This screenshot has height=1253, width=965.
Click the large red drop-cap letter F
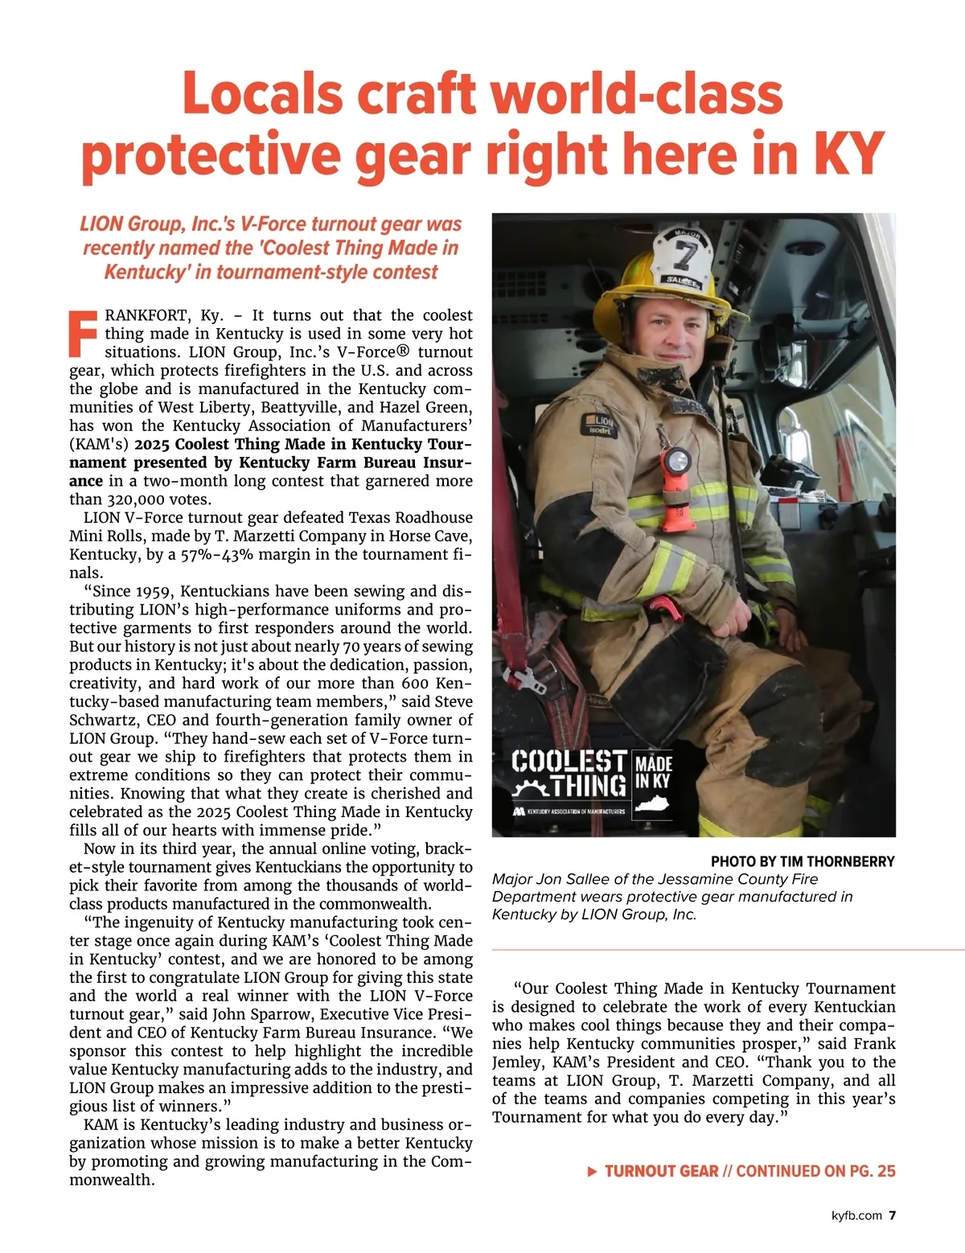tap(84, 333)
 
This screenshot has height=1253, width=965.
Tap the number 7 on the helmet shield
tap(686, 256)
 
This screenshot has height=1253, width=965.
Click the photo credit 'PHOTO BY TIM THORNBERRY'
tap(802, 861)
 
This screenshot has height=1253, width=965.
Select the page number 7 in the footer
tap(892, 1215)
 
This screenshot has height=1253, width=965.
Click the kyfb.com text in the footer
tap(856, 1215)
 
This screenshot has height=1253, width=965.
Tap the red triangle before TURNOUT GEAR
tap(593, 1172)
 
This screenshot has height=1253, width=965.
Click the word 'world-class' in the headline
tap(636, 95)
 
